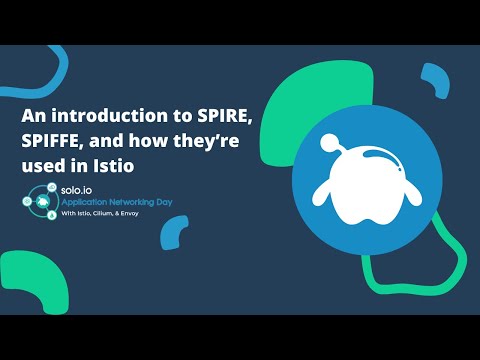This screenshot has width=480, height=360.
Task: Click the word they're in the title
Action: [214, 140]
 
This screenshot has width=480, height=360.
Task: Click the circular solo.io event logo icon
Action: [39, 200]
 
